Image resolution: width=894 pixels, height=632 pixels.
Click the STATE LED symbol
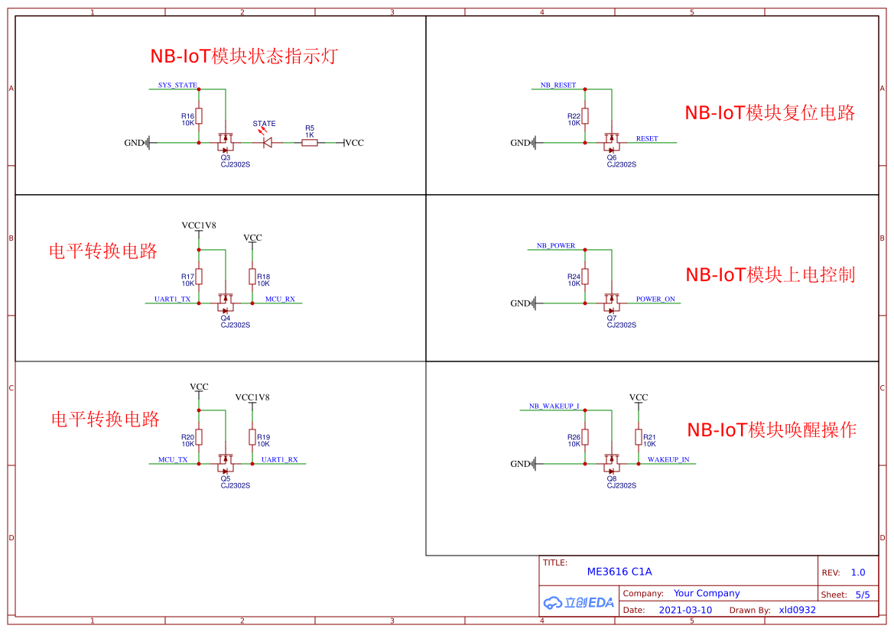coord(267,142)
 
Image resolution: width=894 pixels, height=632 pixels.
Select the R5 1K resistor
coord(310,142)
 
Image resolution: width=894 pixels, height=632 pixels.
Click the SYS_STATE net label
coord(177,86)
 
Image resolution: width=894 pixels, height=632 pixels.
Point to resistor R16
coord(199,115)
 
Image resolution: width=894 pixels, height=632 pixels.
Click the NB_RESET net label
coord(558,86)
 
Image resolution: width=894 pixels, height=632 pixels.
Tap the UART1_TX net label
coord(172,300)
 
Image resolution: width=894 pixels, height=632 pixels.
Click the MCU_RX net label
coord(280,300)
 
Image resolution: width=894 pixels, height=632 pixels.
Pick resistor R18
coord(252,277)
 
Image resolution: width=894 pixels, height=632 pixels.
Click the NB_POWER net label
coord(556,246)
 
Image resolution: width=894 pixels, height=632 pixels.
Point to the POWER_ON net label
coord(655,300)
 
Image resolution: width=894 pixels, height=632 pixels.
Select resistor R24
coord(585,277)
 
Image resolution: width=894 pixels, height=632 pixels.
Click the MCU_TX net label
coord(173,460)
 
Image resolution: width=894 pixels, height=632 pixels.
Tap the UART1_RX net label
coord(280,460)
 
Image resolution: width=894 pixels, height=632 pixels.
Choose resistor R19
coord(252,437)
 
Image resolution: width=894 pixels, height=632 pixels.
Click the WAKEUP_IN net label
coord(668,460)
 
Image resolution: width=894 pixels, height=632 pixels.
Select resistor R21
coord(639,437)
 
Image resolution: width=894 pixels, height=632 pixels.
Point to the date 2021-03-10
coord(685,610)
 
